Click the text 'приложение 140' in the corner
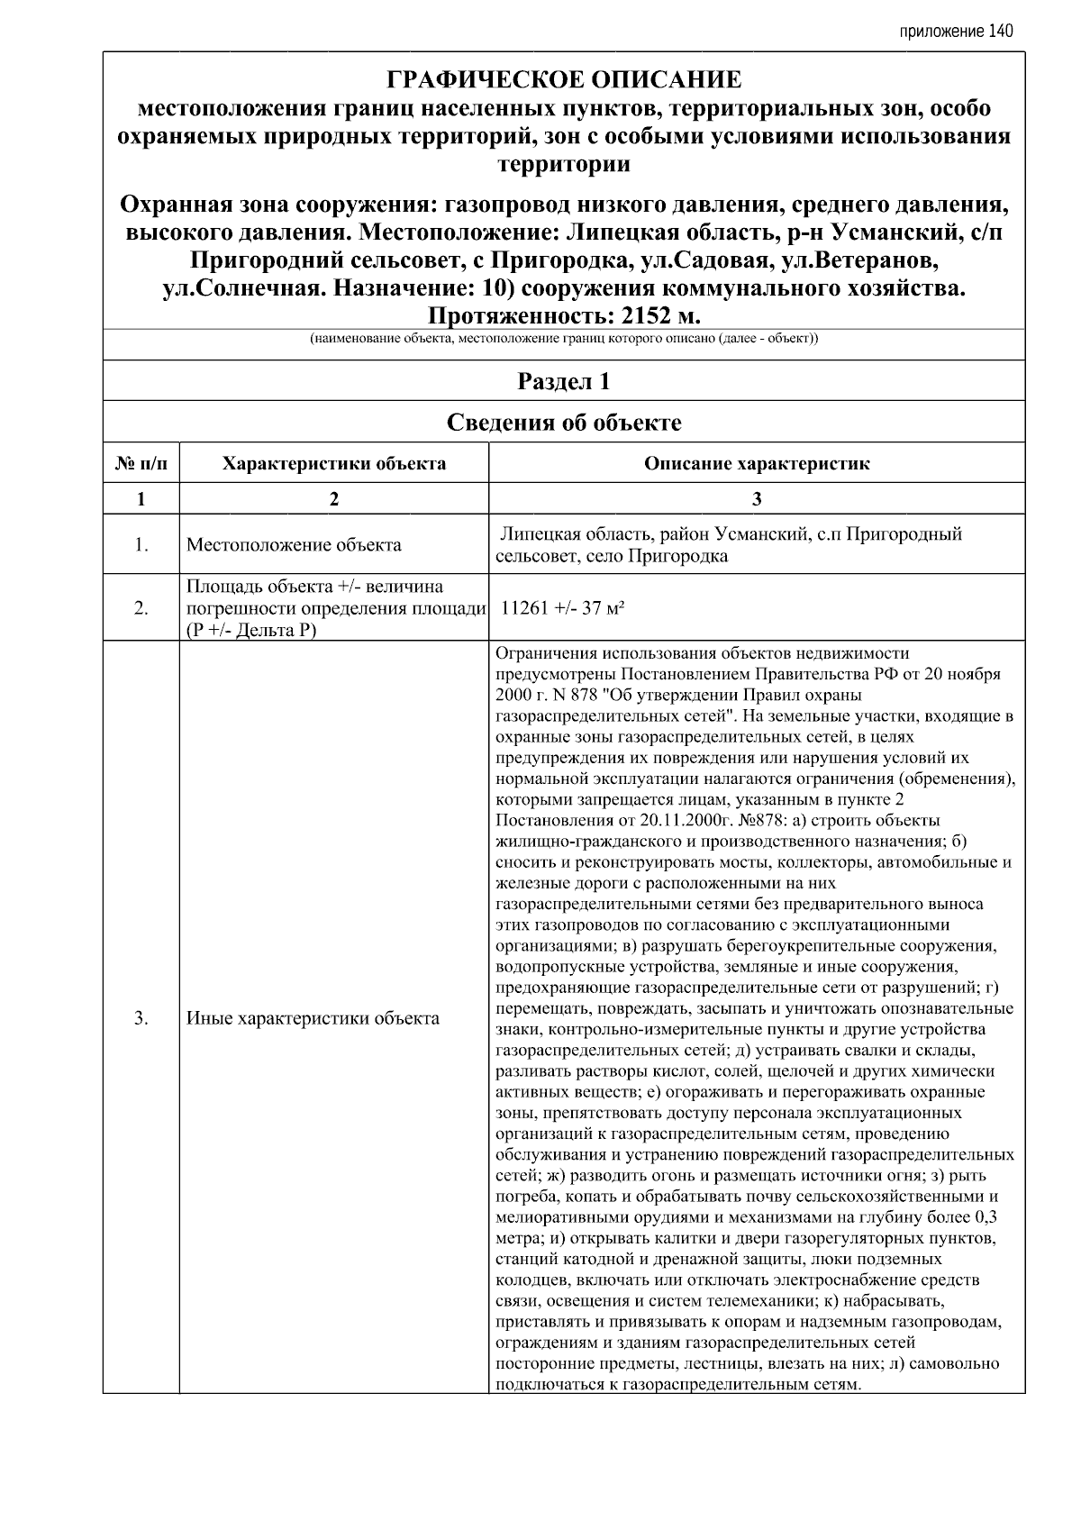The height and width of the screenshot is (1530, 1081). (956, 32)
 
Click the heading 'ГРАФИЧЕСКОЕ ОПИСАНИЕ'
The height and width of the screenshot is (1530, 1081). (564, 80)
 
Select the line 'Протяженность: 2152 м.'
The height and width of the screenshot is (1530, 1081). (564, 316)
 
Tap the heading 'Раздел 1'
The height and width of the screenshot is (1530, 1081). (564, 381)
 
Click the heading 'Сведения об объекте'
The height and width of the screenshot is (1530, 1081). (564, 422)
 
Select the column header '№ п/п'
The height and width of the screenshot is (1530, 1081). (141, 464)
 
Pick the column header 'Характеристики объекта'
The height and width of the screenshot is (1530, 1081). (334, 464)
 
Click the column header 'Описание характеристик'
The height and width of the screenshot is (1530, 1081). (757, 464)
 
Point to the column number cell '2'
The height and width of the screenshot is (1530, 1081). (334, 499)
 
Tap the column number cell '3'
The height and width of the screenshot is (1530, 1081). (757, 499)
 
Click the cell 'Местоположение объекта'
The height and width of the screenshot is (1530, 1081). (294, 545)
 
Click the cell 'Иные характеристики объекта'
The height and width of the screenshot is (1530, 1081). (313, 1019)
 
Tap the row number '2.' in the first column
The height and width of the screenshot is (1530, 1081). (141, 608)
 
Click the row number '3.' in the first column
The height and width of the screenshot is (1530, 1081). (141, 1019)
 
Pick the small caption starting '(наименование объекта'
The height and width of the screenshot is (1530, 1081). (564, 340)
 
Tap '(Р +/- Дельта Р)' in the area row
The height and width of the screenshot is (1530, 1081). (251, 630)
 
